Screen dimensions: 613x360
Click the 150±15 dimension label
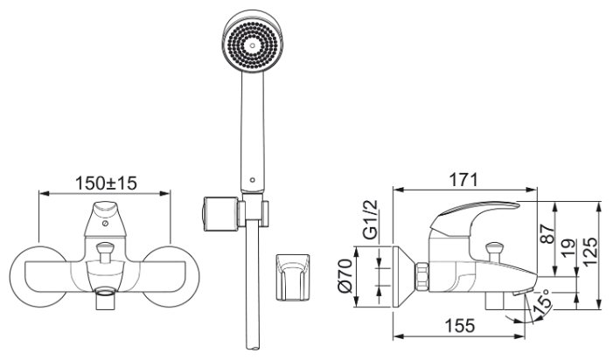coord(106,183)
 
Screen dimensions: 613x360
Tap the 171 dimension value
coord(463,180)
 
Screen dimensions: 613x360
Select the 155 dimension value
coord(460,326)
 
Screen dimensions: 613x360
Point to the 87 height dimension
coord(549,234)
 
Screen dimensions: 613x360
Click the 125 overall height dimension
coord(590,252)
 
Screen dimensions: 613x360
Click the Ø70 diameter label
coord(345,277)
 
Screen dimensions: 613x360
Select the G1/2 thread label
coord(370,220)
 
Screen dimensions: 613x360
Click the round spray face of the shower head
coord(252,45)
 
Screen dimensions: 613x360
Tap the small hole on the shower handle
coord(252,180)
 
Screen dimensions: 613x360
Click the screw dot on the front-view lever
coord(105,224)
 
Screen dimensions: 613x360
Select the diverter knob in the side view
coord(494,252)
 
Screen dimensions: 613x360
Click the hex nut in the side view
coord(421,277)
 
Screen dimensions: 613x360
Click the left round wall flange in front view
coord(38,276)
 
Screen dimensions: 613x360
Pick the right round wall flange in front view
coord(171,276)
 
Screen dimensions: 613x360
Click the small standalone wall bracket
coord(292,277)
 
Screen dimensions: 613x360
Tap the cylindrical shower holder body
coord(220,214)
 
